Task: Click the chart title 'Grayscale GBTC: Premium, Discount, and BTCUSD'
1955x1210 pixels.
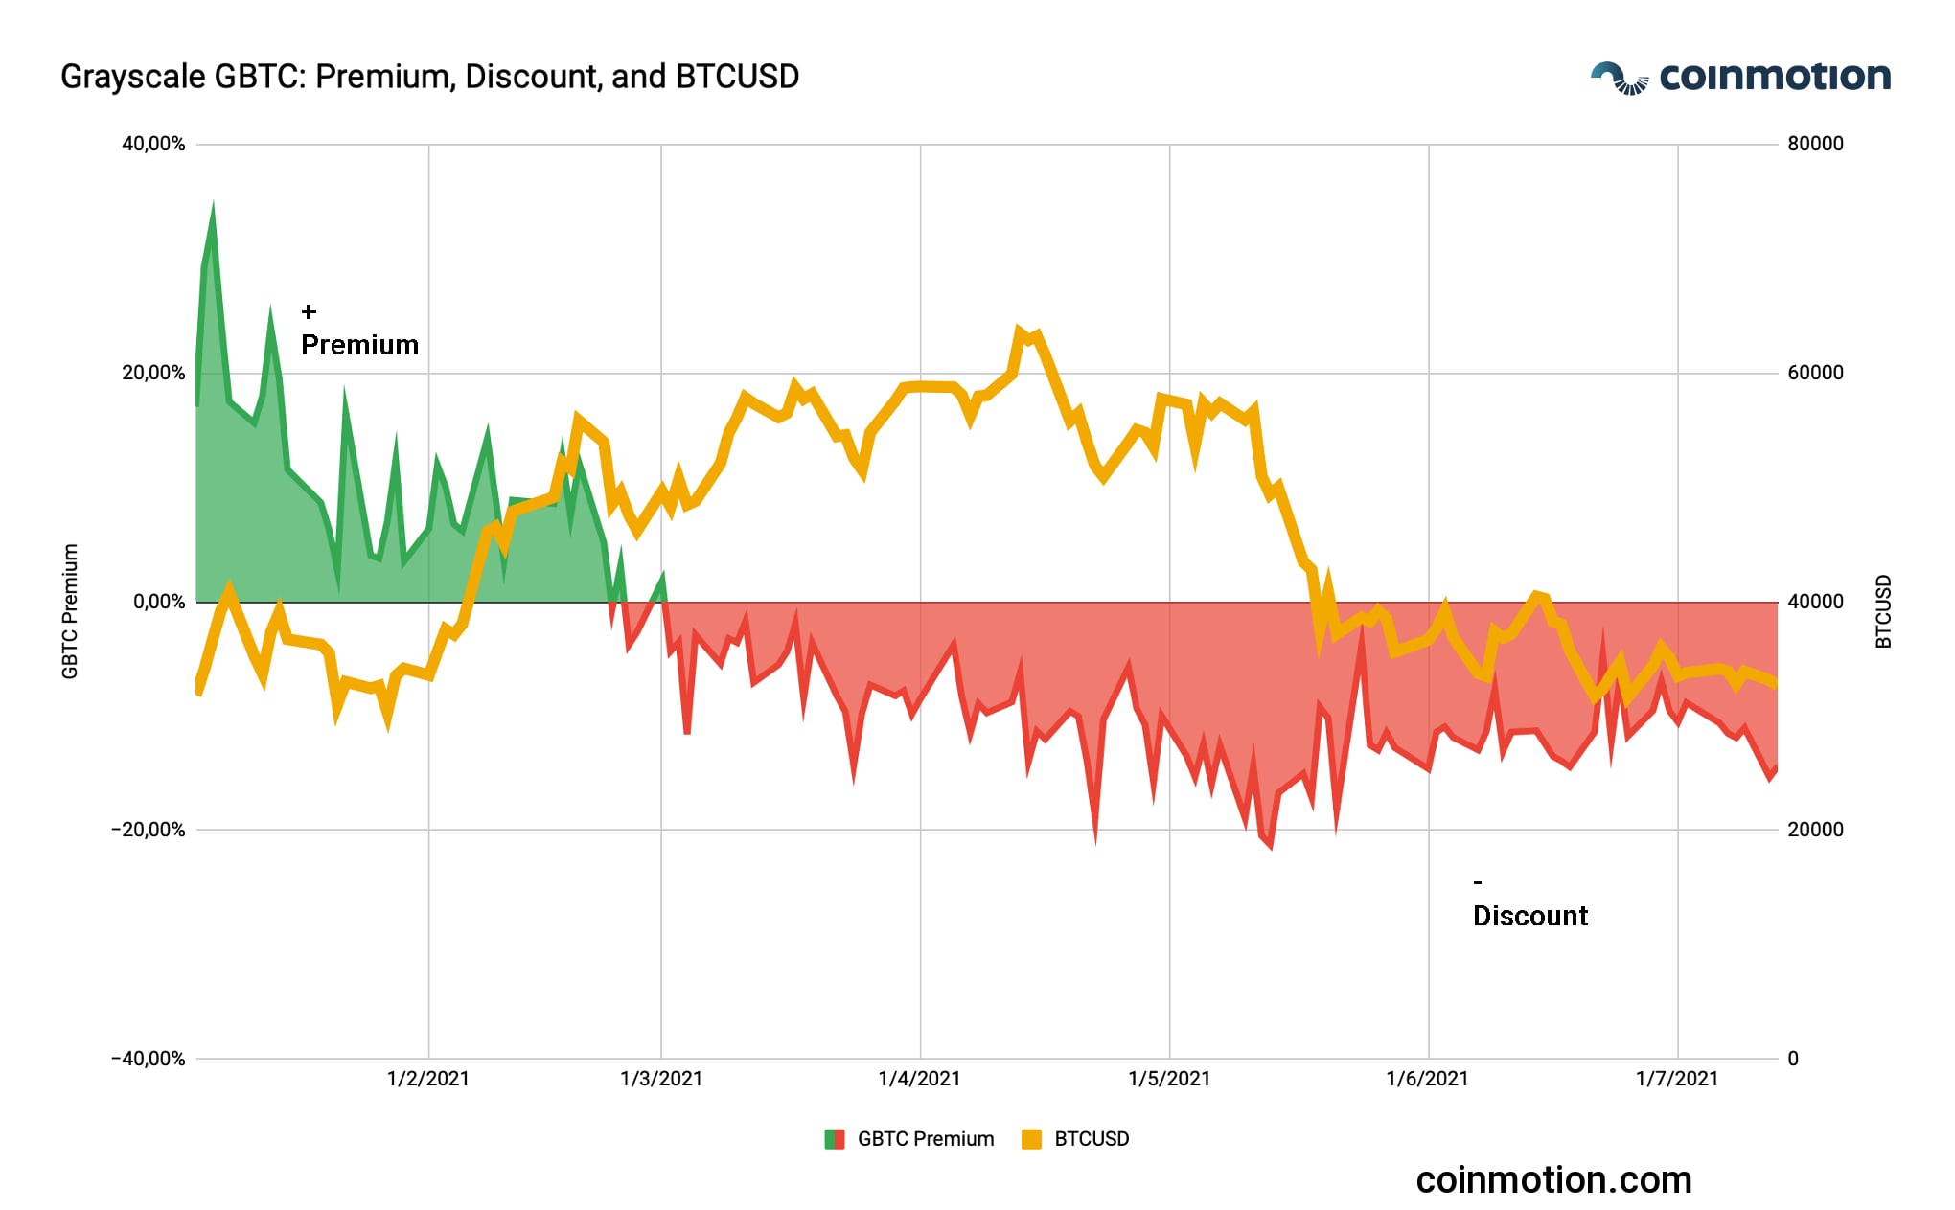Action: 429,77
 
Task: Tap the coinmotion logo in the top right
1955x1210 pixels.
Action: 1739,77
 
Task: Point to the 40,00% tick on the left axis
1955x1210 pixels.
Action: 153,144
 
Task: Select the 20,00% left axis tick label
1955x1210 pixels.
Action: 153,373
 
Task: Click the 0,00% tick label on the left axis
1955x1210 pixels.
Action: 159,602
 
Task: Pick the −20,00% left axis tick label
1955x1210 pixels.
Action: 149,830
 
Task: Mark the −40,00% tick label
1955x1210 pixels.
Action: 149,1059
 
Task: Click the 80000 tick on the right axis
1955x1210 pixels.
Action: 1815,144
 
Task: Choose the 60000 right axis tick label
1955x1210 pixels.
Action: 1815,373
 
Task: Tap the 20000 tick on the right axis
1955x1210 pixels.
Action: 1815,830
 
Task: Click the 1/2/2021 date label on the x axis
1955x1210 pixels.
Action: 428,1079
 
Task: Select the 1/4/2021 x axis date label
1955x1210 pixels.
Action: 919,1079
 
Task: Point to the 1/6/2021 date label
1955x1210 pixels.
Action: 1427,1079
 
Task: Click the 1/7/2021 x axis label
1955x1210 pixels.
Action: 1677,1079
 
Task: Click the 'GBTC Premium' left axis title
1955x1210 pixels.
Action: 70,611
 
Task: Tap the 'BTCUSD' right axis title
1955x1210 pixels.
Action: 1884,611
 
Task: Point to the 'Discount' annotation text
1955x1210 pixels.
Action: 1529,916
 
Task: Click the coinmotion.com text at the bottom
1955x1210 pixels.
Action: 1553,1180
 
